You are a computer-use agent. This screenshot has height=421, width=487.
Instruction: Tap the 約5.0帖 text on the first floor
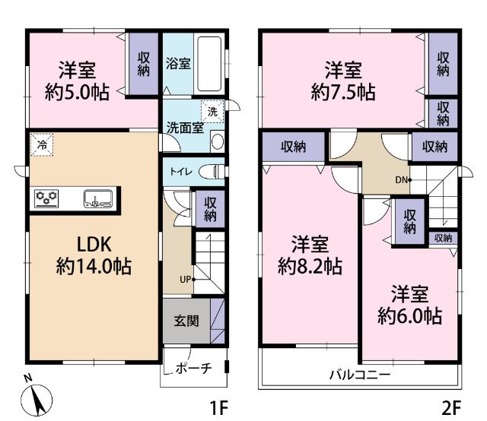76,93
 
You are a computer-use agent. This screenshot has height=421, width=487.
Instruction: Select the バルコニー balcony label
359,375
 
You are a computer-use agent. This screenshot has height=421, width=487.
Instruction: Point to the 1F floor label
219,407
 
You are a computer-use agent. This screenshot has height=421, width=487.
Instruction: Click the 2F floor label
451,407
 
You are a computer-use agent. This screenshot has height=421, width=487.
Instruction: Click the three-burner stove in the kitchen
47,199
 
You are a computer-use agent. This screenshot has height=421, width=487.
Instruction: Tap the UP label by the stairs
185,279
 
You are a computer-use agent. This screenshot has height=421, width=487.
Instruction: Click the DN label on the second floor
400,180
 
